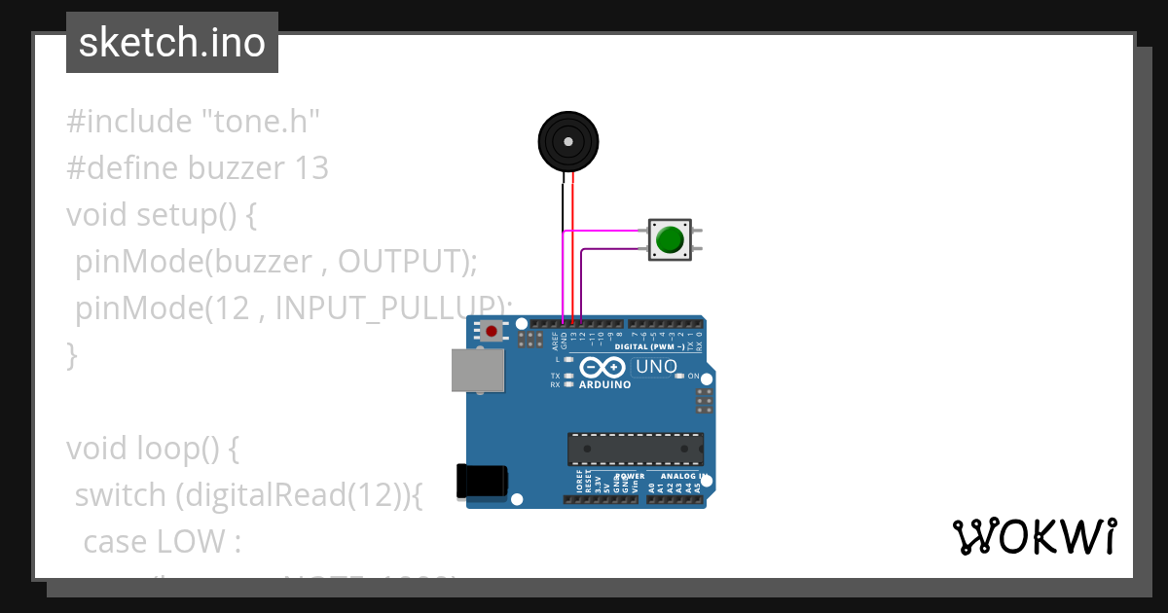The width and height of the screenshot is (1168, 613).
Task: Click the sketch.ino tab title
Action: pos(172,43)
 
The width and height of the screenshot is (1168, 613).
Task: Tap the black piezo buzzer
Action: pos(567,141)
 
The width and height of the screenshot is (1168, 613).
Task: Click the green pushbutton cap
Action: pos(670,238)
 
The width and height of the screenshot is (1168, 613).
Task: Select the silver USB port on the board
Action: pos(478,371)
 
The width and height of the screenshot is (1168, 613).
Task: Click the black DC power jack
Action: pos(482,481)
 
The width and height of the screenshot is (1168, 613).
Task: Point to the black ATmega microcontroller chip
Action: pos(636,449)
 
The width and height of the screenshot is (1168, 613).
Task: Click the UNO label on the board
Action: pos(655,367)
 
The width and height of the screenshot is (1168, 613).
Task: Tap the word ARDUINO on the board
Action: pos(604,384)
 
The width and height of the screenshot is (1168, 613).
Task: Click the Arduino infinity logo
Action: pos(603,368)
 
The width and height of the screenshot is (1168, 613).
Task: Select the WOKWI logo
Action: pos(1034,537)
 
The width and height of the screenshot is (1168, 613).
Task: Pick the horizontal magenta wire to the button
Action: pos(608,231)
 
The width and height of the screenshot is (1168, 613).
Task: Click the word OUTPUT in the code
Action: pos(397,261)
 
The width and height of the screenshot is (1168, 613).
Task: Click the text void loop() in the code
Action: pos(152,449)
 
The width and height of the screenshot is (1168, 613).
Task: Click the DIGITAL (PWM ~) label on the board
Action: pos(651,346)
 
